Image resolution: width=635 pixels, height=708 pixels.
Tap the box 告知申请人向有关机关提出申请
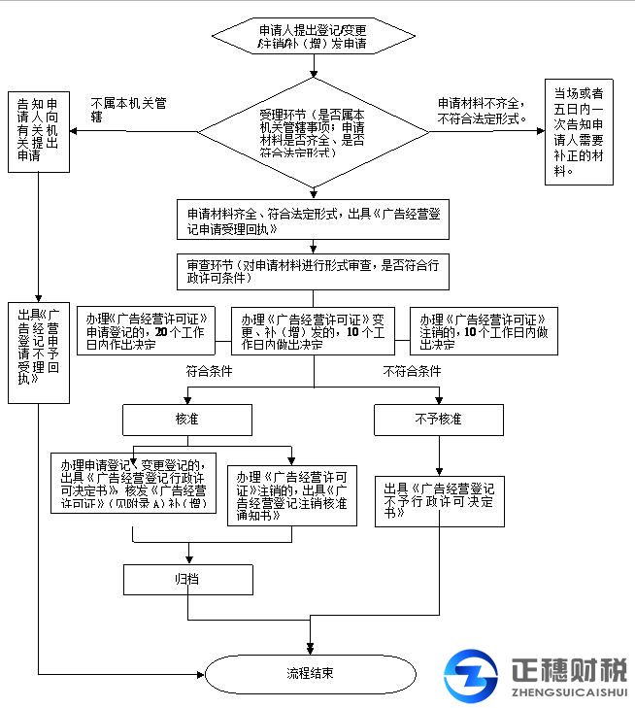(x=38, y=130)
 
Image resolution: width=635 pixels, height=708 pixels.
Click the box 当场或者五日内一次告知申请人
(x=579, y=131)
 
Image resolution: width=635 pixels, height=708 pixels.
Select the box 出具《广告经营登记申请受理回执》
(x=313, y=220)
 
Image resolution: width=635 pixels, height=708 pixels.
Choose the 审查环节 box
(x=313, y=271)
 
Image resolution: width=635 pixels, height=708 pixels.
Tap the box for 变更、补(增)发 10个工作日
(x=313, y=331)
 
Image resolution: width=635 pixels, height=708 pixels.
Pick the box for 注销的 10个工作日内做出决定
(x=484, y=331)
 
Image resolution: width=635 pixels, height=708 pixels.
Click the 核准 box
(x=186, y=420)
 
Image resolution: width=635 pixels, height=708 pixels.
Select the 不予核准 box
(x=438, y=420)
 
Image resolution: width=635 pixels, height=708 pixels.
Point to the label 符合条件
(x=210, y=371)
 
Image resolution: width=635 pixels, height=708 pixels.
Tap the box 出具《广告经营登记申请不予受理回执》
(x=38, y=347)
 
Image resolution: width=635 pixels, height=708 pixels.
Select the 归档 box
(x=186, y=579)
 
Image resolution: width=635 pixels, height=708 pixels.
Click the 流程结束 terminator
(x=311, y=673)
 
